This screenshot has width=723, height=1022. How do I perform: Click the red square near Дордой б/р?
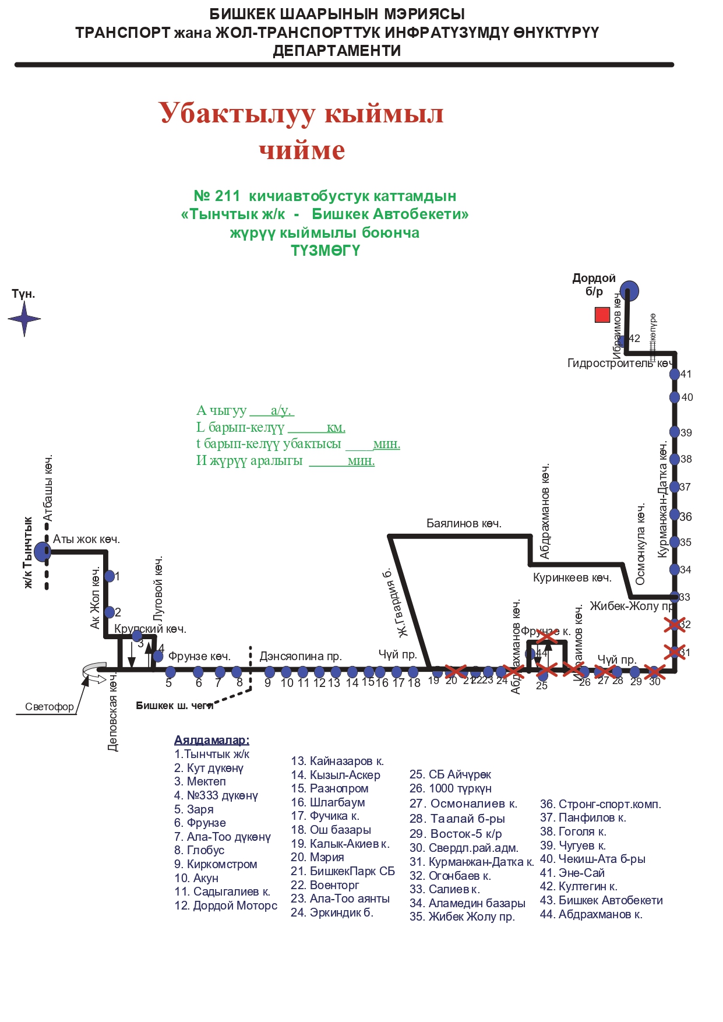click(x=602, y=315)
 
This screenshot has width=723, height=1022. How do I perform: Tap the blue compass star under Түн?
click(x=24, y=319)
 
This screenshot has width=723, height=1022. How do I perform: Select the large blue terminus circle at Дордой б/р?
click(x=629, y=290)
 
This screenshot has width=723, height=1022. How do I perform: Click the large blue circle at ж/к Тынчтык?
click(x=43, y=551)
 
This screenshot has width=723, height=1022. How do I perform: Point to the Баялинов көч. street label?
click(x=464, y=523)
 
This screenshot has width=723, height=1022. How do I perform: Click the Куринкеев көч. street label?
click(x=572, y=578)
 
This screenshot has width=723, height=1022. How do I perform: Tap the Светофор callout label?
click(x=50, y=707)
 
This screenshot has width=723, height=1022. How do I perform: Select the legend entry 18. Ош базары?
click(x=331, y=830)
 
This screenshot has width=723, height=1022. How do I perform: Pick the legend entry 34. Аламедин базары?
click(x=467, y=903)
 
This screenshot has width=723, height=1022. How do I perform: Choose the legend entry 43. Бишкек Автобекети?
click(x=601, y=900)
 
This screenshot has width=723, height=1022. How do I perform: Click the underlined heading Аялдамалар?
click(x=211, y=740)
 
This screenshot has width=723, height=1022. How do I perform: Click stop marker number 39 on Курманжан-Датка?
click(x=675, y=432)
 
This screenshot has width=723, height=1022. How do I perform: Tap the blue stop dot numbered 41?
click(x=675, y=374)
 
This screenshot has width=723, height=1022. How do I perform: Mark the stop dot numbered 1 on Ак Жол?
click(x=110, y=576)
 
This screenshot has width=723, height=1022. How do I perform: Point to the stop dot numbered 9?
click(x=269, y=672)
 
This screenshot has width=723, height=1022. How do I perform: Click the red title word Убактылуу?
click(x=237, y=113)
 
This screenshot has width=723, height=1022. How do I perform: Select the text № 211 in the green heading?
click(x=217, y=196)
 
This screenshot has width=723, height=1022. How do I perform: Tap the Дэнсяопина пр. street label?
click(x=301, y=656)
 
